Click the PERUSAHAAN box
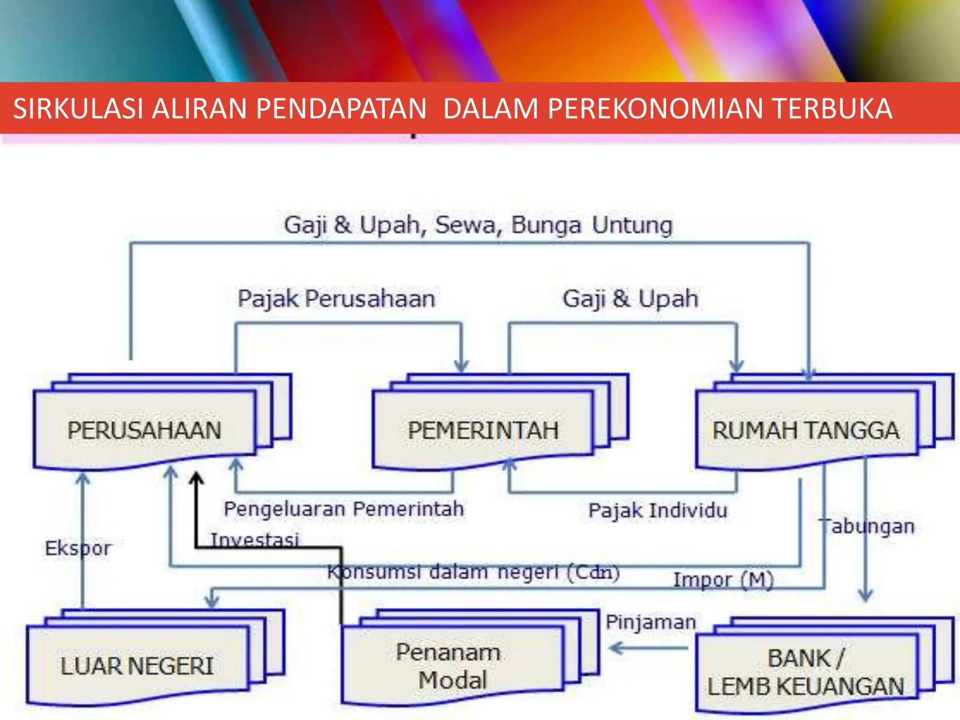tap(144, 430)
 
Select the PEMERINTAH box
tap(483, 430)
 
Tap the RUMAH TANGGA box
tap(805, 430)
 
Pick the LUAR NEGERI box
tap(137, 666)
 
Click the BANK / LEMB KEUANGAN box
tap(805, 673)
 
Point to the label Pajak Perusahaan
tap(336, 299)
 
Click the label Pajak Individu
tap(658, 510)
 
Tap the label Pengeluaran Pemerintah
tap(344, 509)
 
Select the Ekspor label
tap(78, 548)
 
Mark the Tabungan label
tap(867, 526)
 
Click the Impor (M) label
tap(723, 580)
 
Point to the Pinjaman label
tap(651, 622)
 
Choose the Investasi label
tap(255, 540)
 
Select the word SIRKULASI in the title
tap(78, 108)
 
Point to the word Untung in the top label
tap(632, 225)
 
